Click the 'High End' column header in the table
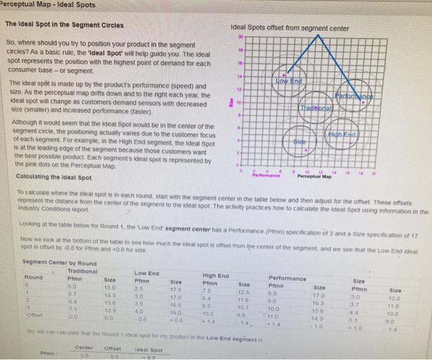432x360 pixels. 214,275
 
